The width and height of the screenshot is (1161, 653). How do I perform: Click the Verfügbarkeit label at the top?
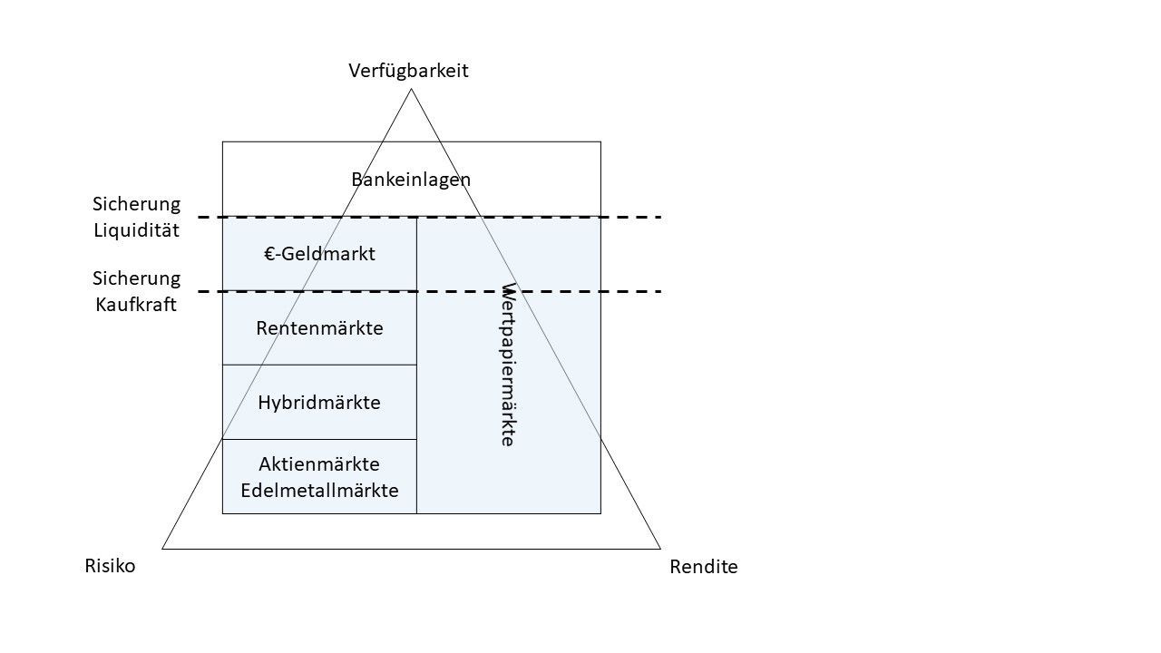408,71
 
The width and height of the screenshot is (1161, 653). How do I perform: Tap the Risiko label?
110,566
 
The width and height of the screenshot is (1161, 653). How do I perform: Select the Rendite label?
703,568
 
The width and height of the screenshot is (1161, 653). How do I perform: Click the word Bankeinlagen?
411,180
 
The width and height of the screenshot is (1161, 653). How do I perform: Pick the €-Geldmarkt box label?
319,254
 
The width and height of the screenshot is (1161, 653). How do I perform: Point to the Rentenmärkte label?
319,328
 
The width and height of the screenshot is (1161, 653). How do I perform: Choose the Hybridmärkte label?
319,403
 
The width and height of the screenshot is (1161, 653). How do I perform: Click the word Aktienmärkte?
319,464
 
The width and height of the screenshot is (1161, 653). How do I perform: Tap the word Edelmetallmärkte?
319,492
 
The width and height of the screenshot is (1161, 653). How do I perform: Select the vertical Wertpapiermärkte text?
508,365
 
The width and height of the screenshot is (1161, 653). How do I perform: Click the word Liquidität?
137,230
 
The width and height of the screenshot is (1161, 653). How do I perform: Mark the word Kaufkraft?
136,305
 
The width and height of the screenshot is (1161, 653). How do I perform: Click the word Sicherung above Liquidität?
137,204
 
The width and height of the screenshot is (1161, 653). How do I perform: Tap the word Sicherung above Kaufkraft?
137,278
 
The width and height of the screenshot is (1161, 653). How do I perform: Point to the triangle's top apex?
411,89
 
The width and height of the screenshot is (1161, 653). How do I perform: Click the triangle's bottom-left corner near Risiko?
163,548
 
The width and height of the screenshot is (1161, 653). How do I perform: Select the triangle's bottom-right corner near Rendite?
659,548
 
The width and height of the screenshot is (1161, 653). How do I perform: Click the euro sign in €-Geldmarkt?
269,254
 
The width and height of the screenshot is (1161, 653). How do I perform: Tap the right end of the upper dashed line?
659,218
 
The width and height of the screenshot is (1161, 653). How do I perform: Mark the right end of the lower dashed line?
659,291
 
